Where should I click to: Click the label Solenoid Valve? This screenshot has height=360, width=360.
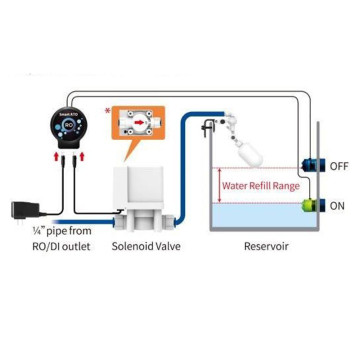(x=146, y=246)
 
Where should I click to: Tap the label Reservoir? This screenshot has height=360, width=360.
(x=266, y=246)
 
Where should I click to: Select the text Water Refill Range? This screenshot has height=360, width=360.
(x=260, y=186)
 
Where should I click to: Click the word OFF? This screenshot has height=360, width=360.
(x=339, y=166)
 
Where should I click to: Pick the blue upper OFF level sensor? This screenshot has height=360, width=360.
(x=316, y=165)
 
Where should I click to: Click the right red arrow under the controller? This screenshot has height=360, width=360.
(x=82, y=157)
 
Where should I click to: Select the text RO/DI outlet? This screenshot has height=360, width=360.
(x=54, y=246)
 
